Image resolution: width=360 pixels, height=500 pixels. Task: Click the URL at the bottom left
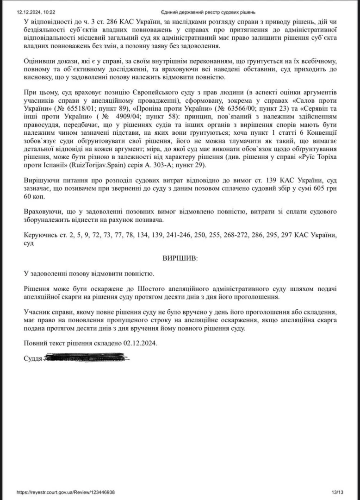click(66, 493)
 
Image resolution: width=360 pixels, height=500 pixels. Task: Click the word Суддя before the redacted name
click(32, 359)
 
